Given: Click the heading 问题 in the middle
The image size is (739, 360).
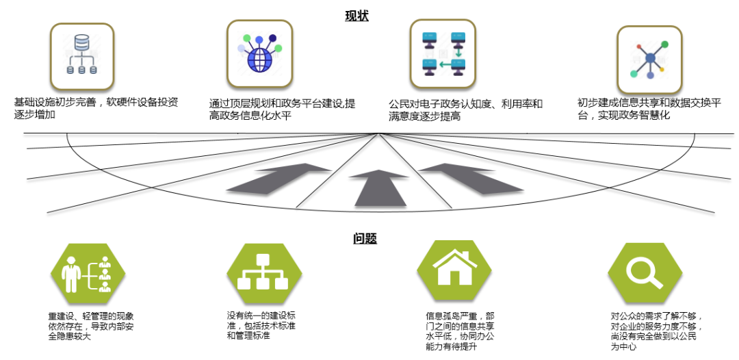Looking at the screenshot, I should (365, 239).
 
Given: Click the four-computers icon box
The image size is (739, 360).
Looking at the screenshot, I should (442, 53).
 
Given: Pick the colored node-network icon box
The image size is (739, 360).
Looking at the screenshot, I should (649, 60).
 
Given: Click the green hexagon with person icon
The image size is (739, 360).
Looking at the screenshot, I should (88, 273).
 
